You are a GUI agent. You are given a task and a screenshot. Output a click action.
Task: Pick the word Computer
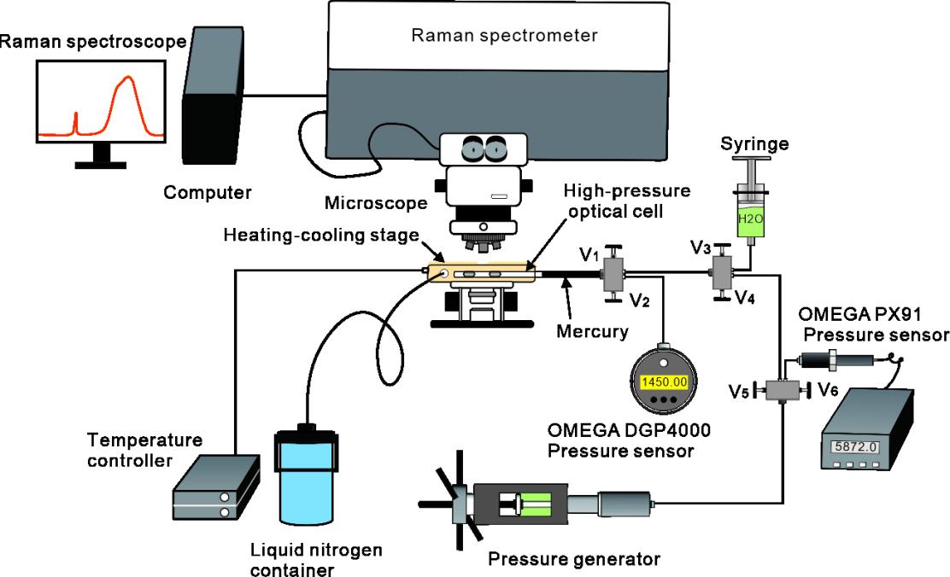tap(208, 193)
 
